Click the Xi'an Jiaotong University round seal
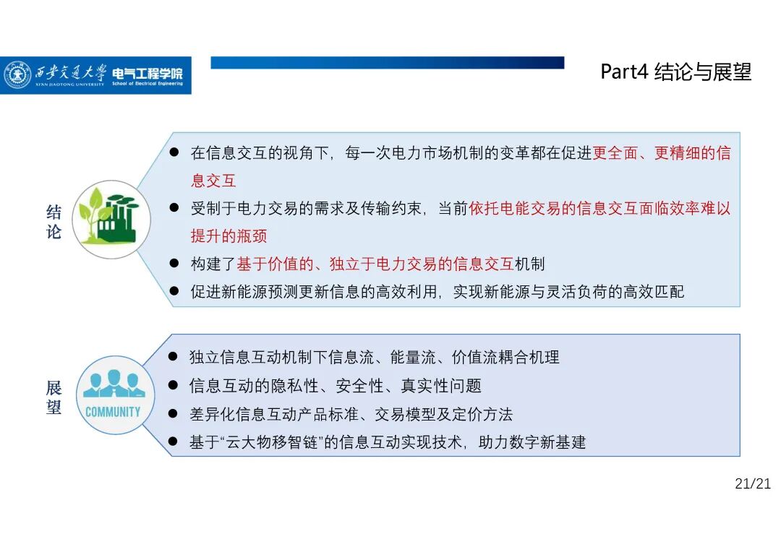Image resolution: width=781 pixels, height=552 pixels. point(18,75)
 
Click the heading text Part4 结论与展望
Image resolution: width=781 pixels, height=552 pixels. point(676,72)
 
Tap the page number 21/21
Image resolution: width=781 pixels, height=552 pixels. point(753,484)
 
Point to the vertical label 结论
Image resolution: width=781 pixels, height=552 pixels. point(54,223)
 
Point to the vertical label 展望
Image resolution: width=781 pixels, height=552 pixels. point(54,397)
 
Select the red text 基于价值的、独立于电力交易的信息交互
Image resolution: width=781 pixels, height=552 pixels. point(375,264)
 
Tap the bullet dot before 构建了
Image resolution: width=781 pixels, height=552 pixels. point(174,264)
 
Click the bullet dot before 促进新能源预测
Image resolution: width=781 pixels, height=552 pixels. point(174,291)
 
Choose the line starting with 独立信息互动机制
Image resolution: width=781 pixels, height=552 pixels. point(374,357)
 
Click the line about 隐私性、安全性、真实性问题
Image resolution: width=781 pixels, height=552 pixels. point(335,386)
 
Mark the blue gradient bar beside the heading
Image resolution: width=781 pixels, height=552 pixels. point(387,63)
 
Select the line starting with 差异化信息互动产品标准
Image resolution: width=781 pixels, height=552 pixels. point(351,414)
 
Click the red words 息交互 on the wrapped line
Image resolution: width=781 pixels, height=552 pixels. point(213,181)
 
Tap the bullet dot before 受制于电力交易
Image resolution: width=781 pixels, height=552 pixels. point(174,208)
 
